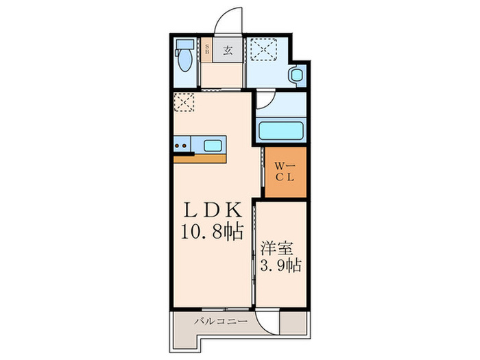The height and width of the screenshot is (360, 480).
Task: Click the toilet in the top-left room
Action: point(183,55)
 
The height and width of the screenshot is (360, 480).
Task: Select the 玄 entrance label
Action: point(226,49)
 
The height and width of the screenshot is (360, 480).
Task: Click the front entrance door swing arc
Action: point(226,19)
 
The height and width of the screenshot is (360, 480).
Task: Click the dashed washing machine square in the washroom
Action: point(264,49)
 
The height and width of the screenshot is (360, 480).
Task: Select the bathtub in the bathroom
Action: point(280,130)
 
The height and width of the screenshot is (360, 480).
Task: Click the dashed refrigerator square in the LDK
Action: point(184,104)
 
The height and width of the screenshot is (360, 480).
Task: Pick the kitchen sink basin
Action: point(213,145)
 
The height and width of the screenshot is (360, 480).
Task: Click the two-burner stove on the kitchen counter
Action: point(182,145)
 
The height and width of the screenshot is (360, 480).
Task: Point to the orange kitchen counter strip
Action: point(200,158)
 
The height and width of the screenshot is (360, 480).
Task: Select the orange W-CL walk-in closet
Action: point(285,171)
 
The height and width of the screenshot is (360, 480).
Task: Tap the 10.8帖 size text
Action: point(211,233)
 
